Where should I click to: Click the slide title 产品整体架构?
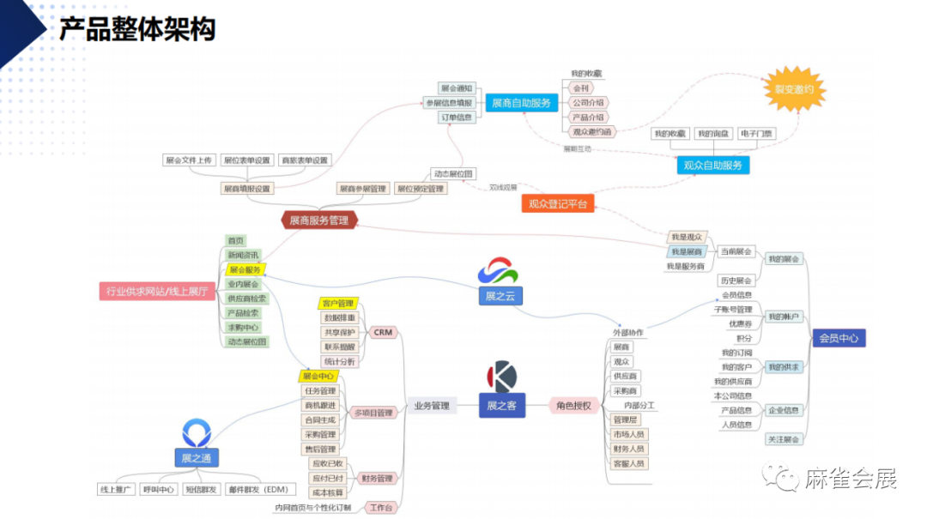pyautogui.click(x=136, y=29)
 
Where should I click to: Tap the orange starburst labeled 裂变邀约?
pyautogui.click(x=795, y=89)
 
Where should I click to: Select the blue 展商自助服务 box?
pyautogui.click(x=521, y=103)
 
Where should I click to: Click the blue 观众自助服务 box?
pyautogui.click(x=712, y=165)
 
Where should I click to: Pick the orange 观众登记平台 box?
pyautogui.click(x=558, y=203)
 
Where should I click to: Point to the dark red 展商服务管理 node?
pyautogui.click(x=318, y=220)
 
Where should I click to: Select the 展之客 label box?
pyautogui.click(x=501, y=406)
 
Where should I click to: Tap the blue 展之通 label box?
pyautogui.click(x=197, y=458)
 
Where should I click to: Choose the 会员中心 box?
pyautogui.click(x=838, y=338)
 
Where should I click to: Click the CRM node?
pyautogui.click(x=383, y=332)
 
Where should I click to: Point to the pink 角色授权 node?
pyautogui.click(x=573, y=406)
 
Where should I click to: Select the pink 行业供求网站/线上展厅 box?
pyautogui.click(x=156, y=292)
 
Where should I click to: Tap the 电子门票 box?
pyautogui.click(x=755, y=134)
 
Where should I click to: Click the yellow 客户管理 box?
pyautogui.click(x=337, y=304)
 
